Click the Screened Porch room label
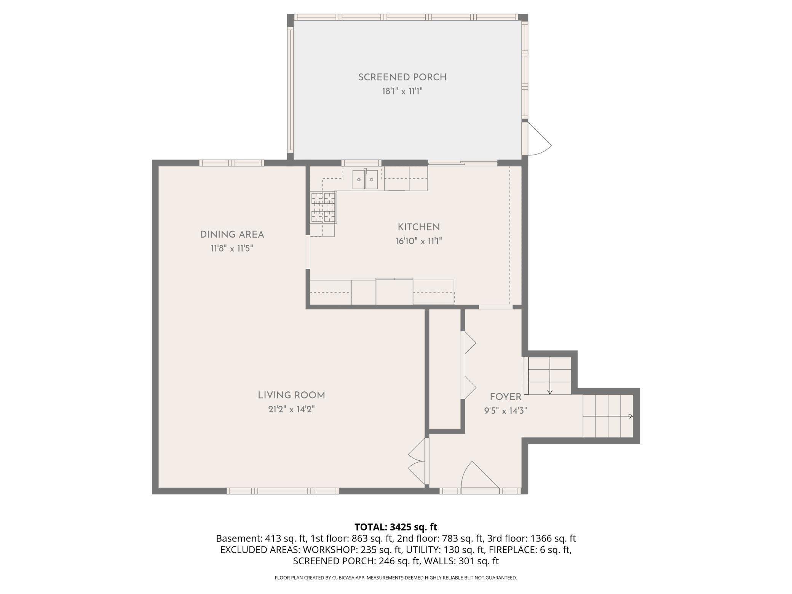(402, 77)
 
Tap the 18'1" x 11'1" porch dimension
(402, 91)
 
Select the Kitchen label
(418, 227)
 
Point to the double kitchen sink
(365, 179)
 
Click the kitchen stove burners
(324, 208)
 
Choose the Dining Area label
(232, 235)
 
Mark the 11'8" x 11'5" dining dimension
(232, 249)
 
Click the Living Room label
(291, 395)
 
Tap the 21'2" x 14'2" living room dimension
(291, 409)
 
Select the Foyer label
(505, 397)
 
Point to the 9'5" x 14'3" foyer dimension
(505, 411)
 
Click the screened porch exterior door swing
(536, 139)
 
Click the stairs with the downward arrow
(548, 376)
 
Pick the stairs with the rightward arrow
(608, 416)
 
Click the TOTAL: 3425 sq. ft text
(396, 527)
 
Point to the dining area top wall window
(232, 163)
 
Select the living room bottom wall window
(283, 491)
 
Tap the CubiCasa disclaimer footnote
(396, 578)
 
